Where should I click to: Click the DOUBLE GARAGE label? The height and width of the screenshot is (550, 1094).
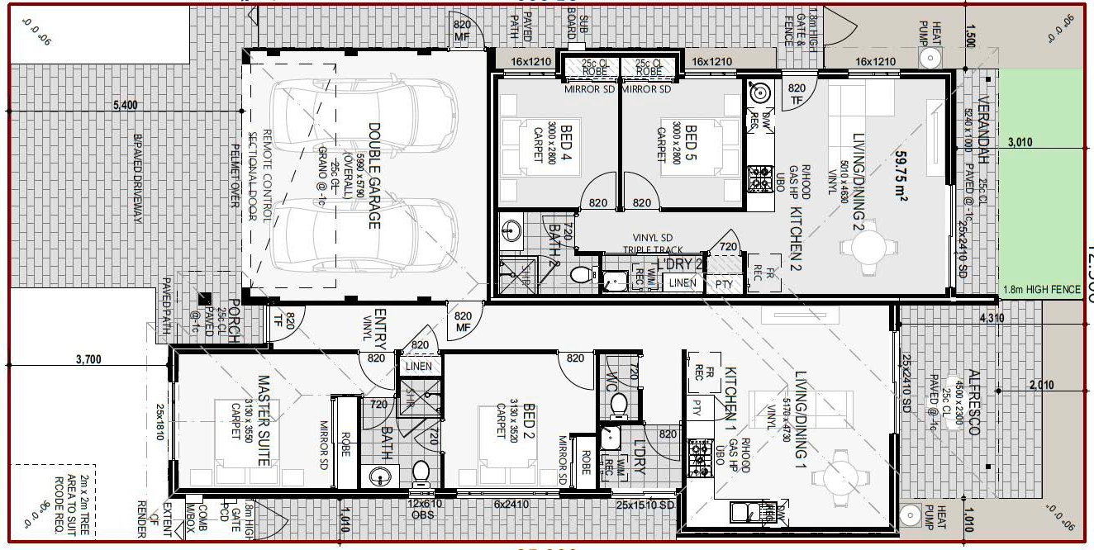(374, 176)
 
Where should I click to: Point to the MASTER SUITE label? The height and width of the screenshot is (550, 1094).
(264, 420)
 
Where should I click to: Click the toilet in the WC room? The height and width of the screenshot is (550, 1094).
(618, 404)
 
